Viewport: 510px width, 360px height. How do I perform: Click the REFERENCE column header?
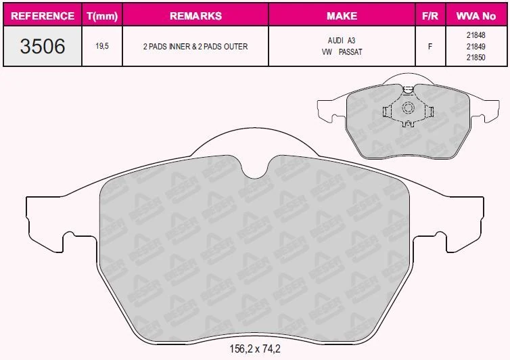(43, 16)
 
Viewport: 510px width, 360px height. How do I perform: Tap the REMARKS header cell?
(195, 16)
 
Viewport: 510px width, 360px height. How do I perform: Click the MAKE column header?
(342, 16)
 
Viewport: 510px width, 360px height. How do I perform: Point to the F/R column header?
(430, 16)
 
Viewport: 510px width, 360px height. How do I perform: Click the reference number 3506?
(43, 47)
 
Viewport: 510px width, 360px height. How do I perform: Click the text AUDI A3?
(342, 41)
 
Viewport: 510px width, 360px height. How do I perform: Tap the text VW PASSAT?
(342, 51)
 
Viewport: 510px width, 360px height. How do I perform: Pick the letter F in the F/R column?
(430, 47)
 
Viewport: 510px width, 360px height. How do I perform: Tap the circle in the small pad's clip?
(408, 108)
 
